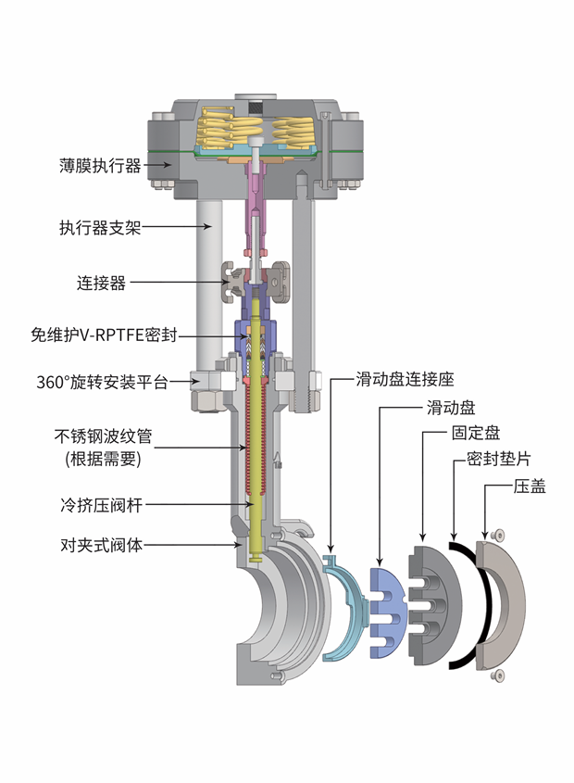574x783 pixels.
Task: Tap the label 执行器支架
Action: coord(100,226)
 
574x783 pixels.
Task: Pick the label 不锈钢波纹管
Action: coord(101,436)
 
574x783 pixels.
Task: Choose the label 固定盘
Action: coord(476,433)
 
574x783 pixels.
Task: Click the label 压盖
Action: coord(529,486)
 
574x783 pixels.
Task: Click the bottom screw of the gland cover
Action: coord(499,676)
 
